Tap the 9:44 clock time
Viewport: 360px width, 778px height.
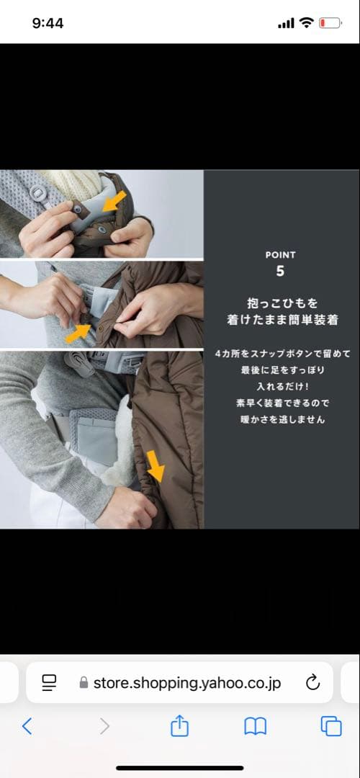tap(48, 23)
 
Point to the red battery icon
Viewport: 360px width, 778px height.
tap(330, 23)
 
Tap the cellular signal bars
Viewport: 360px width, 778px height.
tap(286, 23)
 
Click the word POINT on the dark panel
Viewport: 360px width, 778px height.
tap(280, 255)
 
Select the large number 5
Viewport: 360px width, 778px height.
tap(280, 272)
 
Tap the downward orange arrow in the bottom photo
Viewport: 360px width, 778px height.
tap(156, 466)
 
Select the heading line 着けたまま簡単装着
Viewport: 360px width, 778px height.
tap(282, 320)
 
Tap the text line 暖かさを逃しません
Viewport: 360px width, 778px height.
tap(281, 419)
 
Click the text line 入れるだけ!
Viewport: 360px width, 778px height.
tap(281, 387)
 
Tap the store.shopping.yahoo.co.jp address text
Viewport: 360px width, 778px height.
tap(187, 683)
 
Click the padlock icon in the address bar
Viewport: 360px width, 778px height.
tap(84, 683)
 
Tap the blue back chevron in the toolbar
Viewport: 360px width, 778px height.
tap(27, 726)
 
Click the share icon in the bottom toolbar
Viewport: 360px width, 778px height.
tap(179, 726)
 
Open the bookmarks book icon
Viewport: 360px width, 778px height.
tap(256, 726)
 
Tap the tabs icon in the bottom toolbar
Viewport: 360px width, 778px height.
tap(331, 726)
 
